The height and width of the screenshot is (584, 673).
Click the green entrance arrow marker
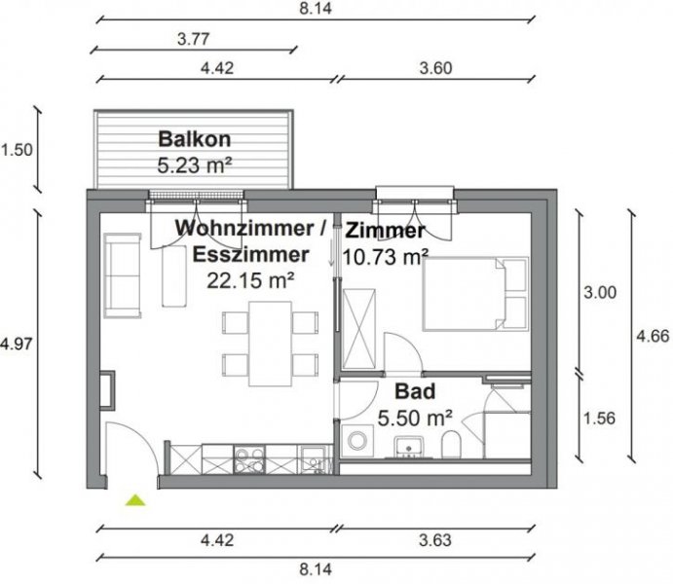[135, 500]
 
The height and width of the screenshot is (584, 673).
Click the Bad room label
[415, 393]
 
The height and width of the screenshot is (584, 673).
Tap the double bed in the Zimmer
[475, 293]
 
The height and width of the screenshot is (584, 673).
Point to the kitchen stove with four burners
[247, 457]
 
